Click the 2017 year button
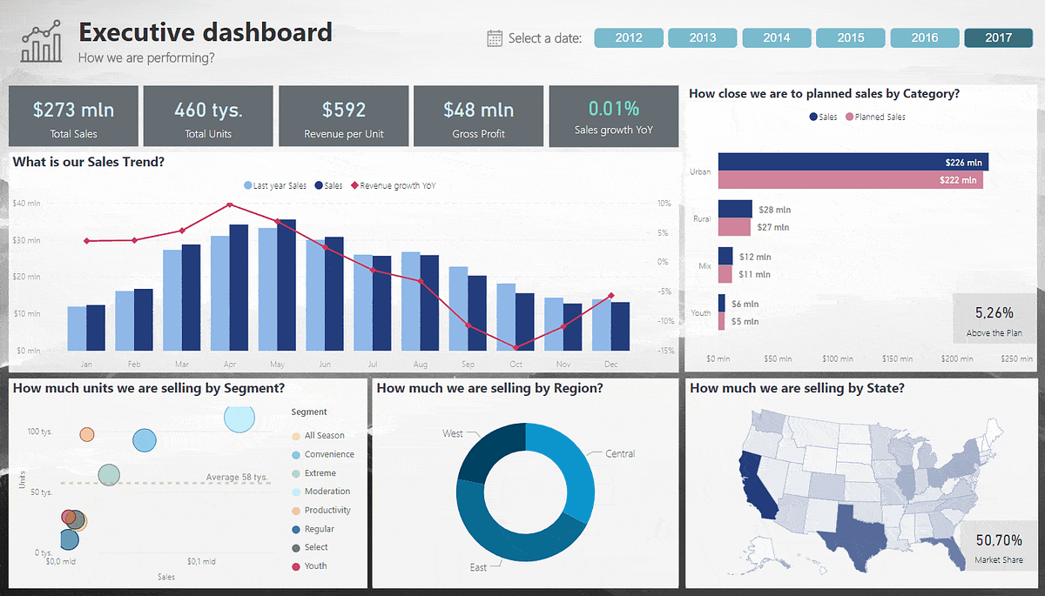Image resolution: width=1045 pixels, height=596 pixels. pos(998,37)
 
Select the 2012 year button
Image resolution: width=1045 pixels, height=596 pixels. pos(629,37)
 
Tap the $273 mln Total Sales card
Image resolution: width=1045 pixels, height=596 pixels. pos(73,116)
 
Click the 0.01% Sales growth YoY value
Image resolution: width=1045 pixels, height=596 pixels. pos(613,109)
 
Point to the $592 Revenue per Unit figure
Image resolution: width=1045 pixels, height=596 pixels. pos(343,110)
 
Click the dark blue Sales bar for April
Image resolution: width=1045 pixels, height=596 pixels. pos(239,287)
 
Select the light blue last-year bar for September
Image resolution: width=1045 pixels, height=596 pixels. pos(458,308)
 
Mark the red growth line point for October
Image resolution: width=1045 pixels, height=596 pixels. pos(515,347)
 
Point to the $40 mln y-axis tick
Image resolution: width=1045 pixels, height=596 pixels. pos(26,204)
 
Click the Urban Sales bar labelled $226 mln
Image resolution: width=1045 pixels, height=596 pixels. pos(853,162)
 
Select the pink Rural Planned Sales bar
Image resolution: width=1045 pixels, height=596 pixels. pos(733,227)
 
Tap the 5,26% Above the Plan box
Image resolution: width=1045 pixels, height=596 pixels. pos(994,319)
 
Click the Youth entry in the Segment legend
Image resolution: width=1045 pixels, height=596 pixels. pos(315,566)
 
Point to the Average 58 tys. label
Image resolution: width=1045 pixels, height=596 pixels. pos(235,477)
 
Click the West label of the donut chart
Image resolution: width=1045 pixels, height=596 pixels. pos(453,433)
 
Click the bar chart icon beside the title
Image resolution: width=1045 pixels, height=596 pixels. pos(42,44)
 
